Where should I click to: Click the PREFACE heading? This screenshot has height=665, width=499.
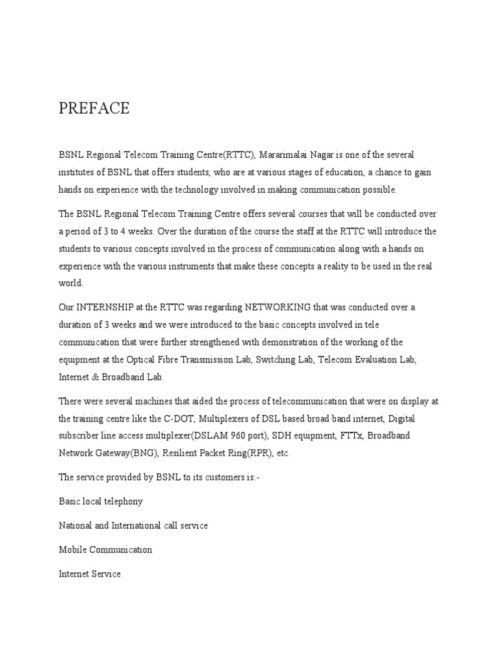94,108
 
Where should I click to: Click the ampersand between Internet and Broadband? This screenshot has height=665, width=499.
96,377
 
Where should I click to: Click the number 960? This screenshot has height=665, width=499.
277,436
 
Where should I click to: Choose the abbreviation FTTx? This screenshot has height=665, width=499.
350,436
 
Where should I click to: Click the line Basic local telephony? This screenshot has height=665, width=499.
101,501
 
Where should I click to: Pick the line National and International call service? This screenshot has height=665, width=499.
133,525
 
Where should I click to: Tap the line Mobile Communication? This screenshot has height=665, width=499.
105,549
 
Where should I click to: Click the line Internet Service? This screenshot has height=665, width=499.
90,574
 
